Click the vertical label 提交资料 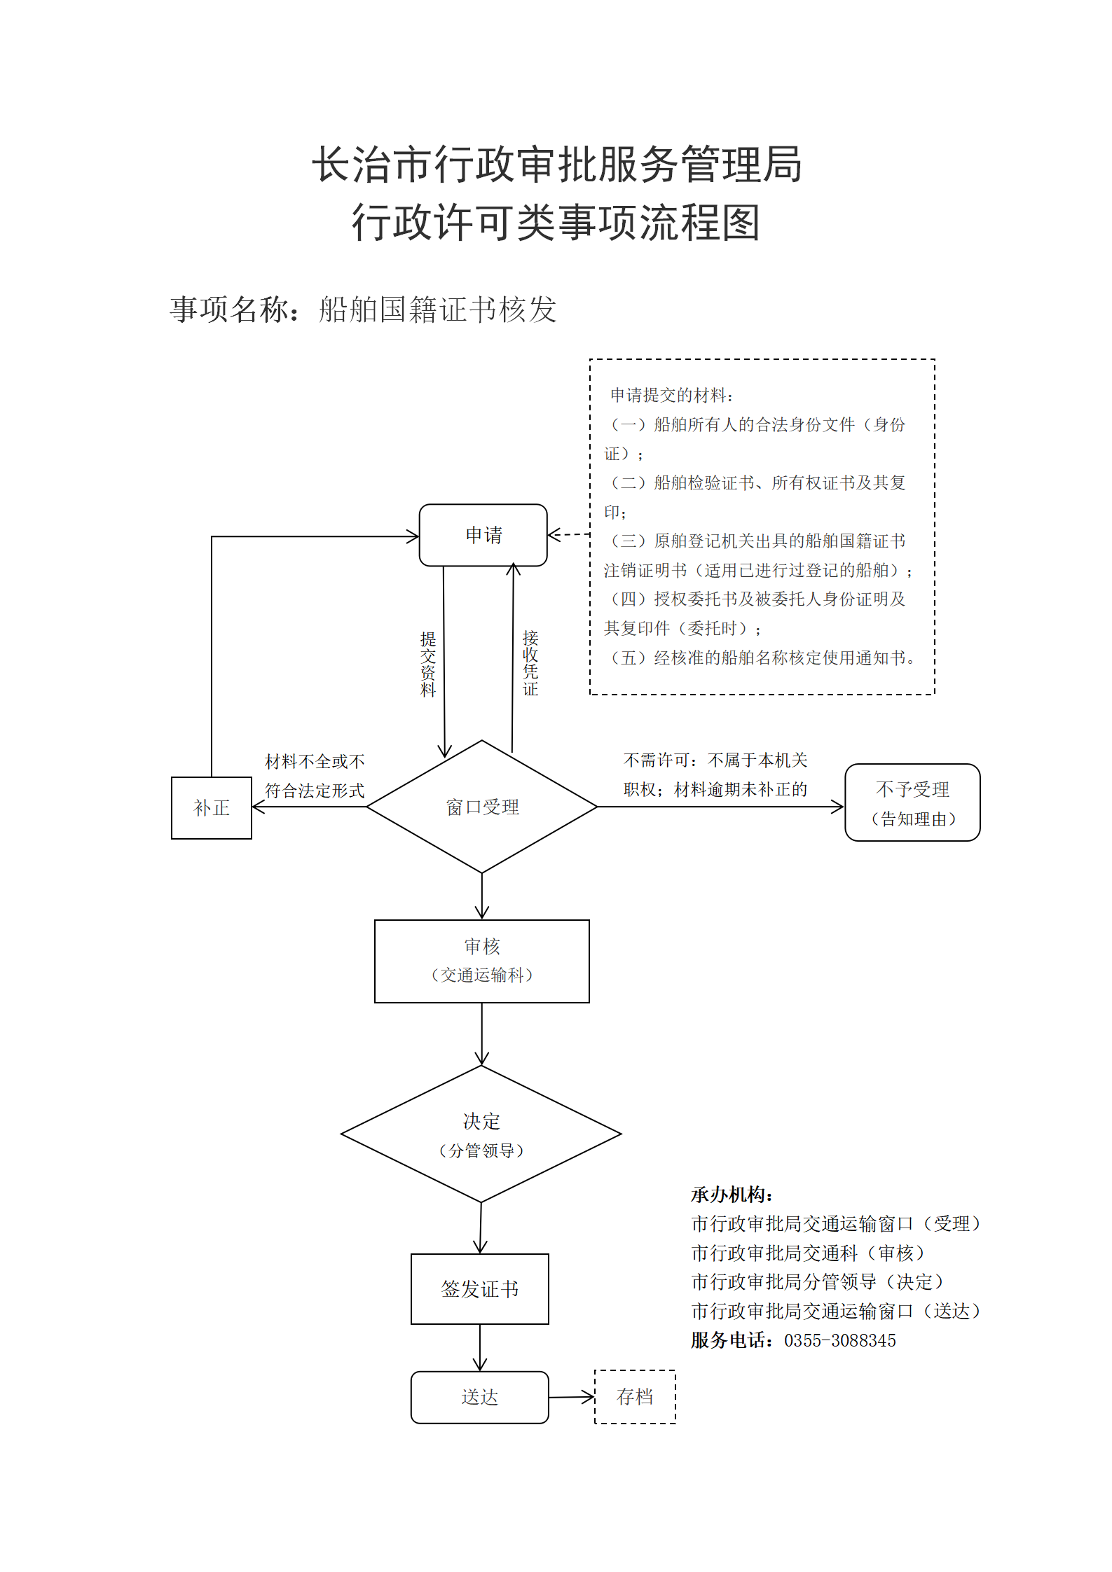[x=428, y=665]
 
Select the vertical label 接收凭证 [x=530, y=663]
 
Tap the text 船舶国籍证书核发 [x=438, y=309]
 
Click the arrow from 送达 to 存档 [x=572, y=1398]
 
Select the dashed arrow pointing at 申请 [x=569, y=535]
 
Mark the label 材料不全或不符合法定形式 [x=315, y=776]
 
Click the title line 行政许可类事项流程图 [x=556, y=223]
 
